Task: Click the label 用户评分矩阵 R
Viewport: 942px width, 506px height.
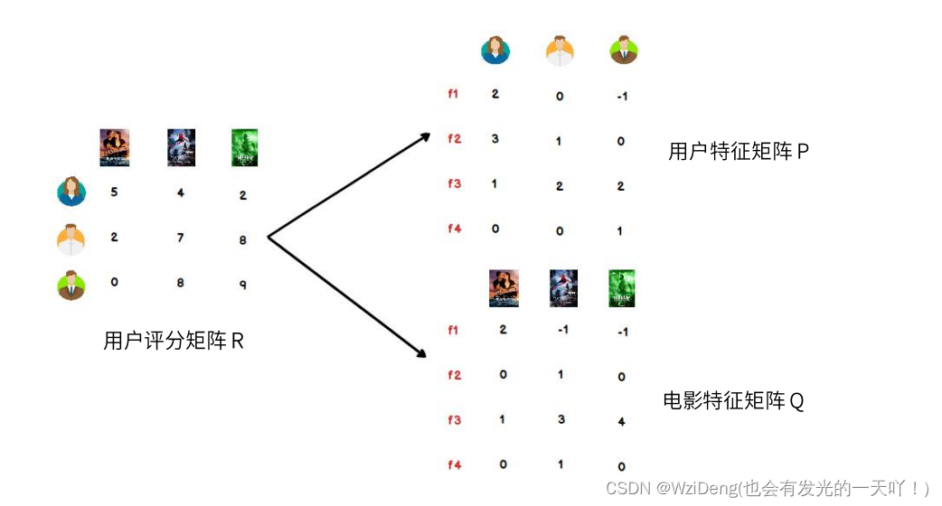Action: [x=174, y=342]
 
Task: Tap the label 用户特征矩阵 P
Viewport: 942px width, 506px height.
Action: [x=738, y=152]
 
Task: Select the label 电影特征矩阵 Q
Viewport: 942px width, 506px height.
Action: [x=733, y=401]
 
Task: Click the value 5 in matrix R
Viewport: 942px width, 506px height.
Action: [x=115, y=192]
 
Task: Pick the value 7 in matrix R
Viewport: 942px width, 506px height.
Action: [x=180, y=238]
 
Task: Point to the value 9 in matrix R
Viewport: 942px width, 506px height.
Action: [x=243, y=284]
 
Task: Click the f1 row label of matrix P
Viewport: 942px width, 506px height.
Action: [x=453, y=94]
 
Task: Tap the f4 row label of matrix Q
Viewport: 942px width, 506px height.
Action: [x=454, y=465]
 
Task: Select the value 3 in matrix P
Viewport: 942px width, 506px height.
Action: [x=495, y=139]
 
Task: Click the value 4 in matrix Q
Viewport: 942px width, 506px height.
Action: [x=622, y=421]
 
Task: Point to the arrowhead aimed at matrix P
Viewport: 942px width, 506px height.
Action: [x=425, y=137]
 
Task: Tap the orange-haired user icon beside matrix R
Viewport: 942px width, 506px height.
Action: [x=71, y=239]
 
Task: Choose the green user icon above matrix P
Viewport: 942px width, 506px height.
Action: [x=623, y=50]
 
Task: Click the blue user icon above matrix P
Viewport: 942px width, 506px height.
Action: [x=495, y=50]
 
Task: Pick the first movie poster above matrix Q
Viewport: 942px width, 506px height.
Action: [x=504, y=288]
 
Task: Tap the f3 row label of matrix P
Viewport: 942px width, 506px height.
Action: [x=453, y=184]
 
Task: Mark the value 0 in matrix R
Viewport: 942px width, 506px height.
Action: [x=115, y=282]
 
